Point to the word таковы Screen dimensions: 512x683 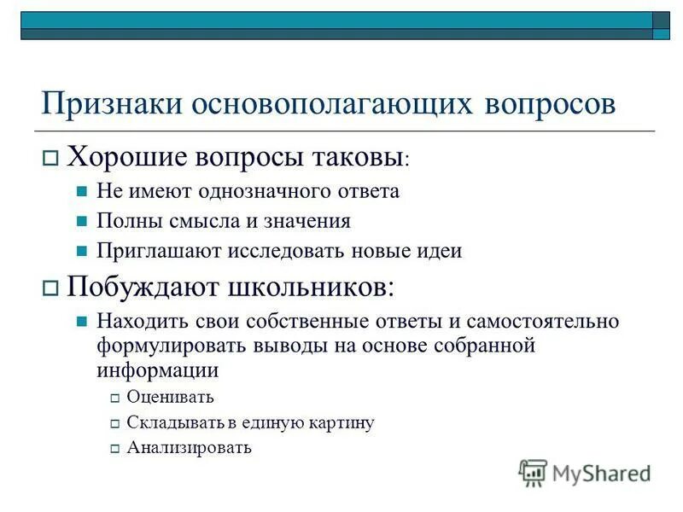359,156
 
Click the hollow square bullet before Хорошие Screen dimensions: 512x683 50,158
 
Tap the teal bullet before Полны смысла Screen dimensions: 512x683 82,222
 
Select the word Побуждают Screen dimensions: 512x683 143,286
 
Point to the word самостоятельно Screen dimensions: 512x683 546,322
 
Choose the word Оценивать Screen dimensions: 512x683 170,397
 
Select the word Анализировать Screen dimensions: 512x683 189,447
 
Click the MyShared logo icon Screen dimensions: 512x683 533,472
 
